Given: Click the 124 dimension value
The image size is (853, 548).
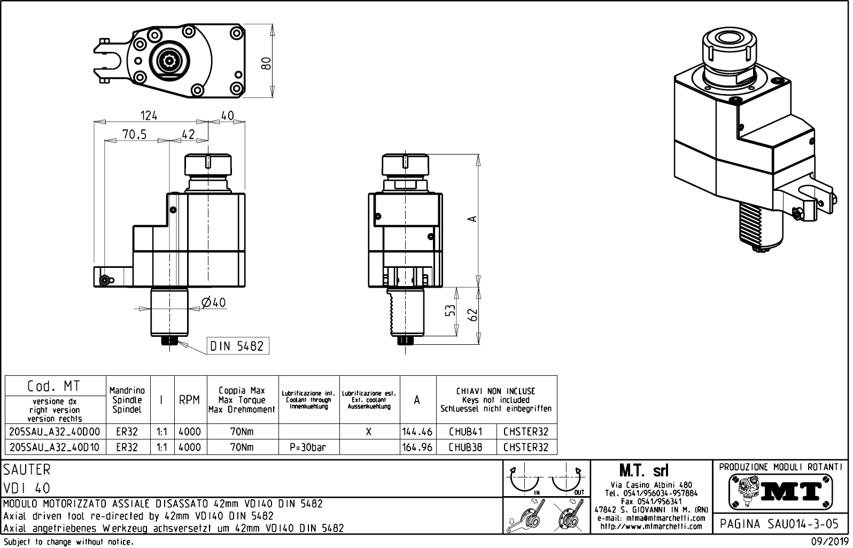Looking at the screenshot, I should tap(149, 115).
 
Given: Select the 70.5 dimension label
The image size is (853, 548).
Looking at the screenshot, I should tap(134, 135).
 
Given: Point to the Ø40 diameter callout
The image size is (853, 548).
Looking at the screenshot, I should tap(214, 303).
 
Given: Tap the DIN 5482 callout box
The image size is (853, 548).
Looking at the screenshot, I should tap(237, 346).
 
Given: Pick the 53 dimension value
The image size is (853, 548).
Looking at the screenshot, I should tap(451, 311).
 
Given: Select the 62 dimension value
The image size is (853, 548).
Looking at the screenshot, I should tap(472, 315).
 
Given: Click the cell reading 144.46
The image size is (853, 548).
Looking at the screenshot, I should tap(417, 432).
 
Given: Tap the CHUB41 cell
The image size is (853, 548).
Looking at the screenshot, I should tap(466, 432).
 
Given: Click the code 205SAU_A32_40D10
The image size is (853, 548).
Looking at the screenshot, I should tap(55, 447).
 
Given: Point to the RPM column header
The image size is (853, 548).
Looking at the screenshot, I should tap(190, 400).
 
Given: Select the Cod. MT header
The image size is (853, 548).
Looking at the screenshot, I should tap(54, 386).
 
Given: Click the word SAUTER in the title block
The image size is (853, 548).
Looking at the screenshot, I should tap(27, 469).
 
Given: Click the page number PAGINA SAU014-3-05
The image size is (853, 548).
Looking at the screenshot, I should tap(780, 524).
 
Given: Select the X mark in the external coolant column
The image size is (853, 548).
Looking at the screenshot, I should tap(369, 432).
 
